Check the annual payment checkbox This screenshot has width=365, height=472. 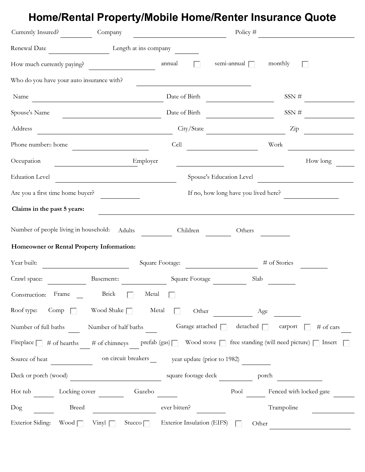pyautogui.click(x=197, y=64)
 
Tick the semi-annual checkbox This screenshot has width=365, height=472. pyautogui.click(x=252, y=64)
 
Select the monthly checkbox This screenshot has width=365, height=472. pyautogui.click(x=305, y=64)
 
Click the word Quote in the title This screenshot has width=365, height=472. pyautogui.click(x=320, y=17)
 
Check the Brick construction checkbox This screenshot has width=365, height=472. pyautogui.click(x=130, y=295)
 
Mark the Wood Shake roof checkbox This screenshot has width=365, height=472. pyautogui.click(x=129, y=311)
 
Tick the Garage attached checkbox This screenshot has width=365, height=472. pyautogui.click(x=224, y=327)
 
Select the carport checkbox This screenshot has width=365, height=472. pyautogui.click(x=307, y=327)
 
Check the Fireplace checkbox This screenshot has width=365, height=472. pyautogui.click(x=39, y=343)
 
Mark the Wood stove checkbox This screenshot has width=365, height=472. pyautogui.click(x=222, y=343)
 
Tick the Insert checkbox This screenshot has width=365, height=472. pyautogui.click(x=346, y=343)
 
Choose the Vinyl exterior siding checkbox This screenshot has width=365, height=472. pyautogui.click(x=112, y=424)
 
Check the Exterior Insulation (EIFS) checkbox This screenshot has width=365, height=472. pyautogui.click(x=238, y=424)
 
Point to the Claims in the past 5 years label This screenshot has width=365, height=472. pyautogui.click(x=48, y=209)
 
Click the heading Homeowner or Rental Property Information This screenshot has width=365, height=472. pyautogui.click(x=73, y=247)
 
